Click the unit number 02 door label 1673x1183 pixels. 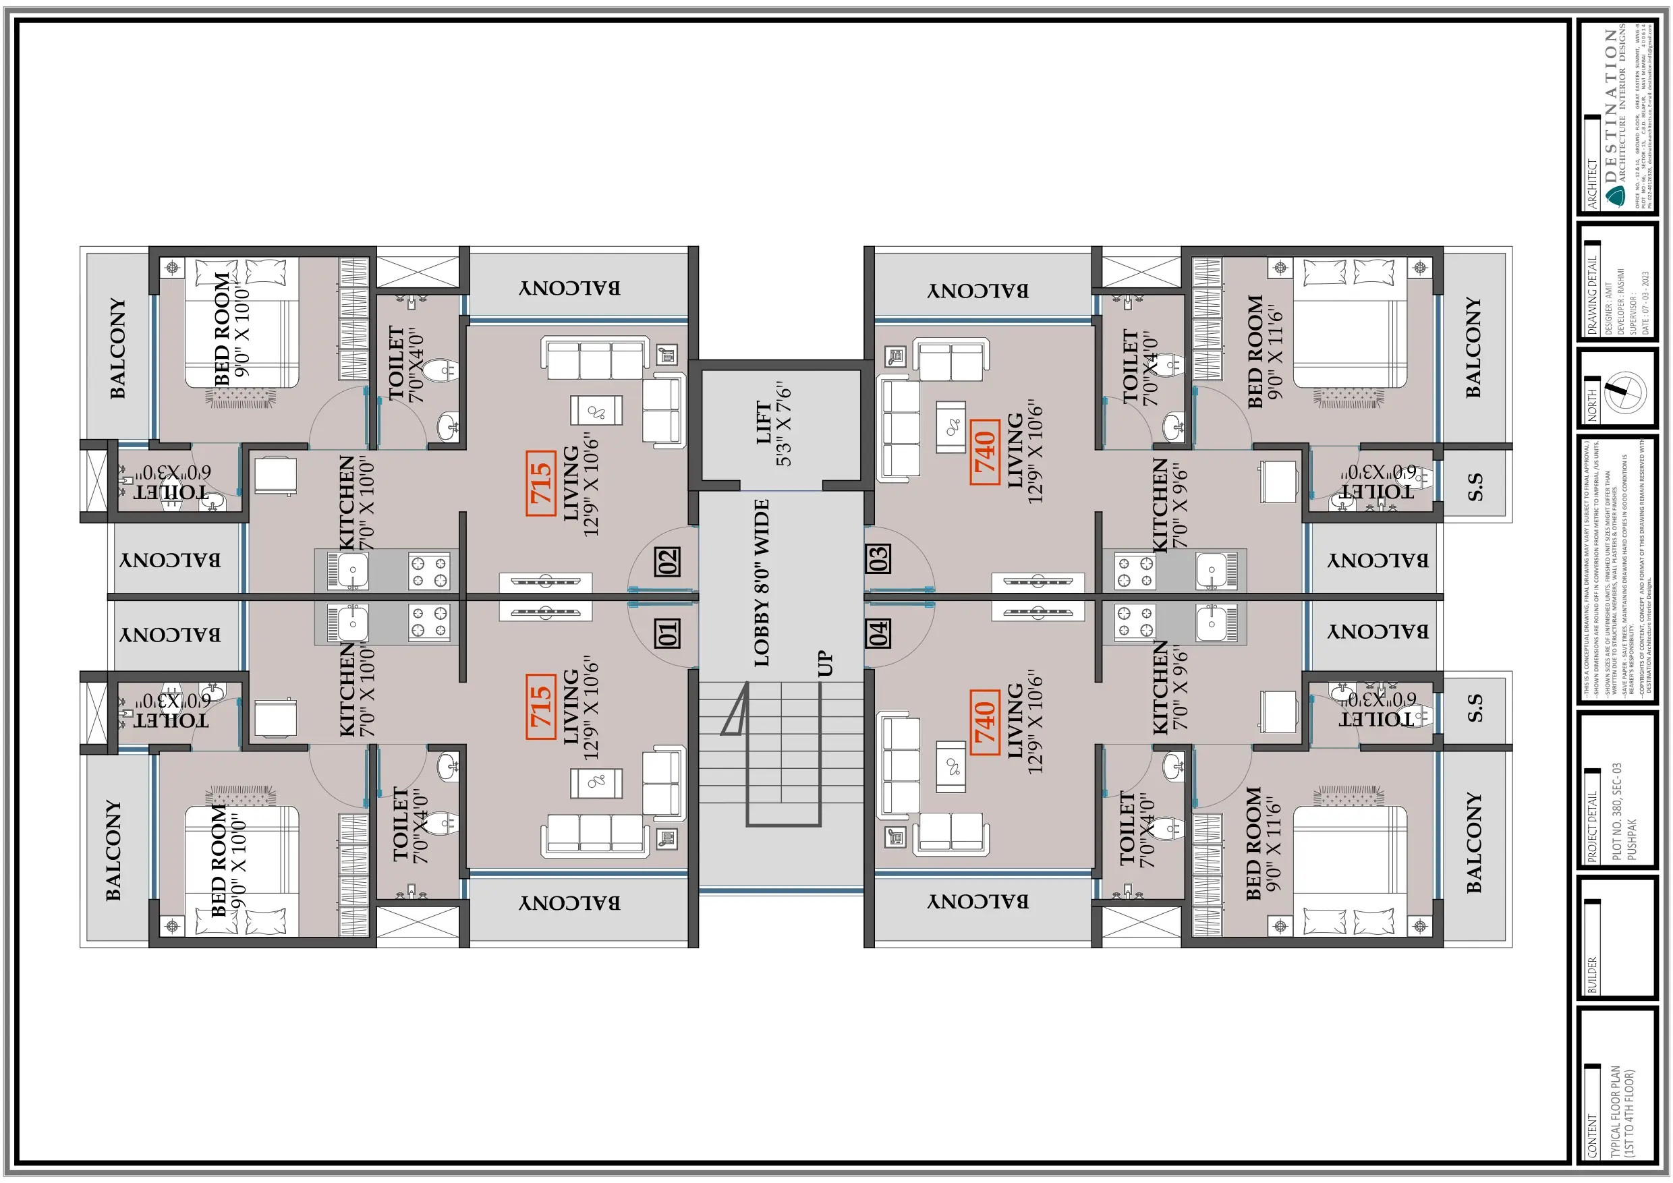pyautogui.click(x=667, y=561)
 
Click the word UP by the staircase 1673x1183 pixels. pyautogui.click(x=824, y=663)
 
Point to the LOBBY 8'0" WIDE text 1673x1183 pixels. pyautogui.click(x=762, y=583)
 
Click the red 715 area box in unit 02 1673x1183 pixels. pyautogui.click(x=540, y=484)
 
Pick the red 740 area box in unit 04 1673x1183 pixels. pyautogui.click(x=984, y=722)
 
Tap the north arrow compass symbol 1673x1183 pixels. pyautogui.click(x=1625, y=393)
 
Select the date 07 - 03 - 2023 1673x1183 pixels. pyautogui.click(x=1645, y=302)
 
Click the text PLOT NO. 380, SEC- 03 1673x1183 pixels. pyautogui.click(x=1616, y=811)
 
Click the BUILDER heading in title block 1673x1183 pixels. pyautogui.click(x=1592, y=975)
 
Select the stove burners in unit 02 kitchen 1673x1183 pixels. pyautogui.click(x=429, y=571)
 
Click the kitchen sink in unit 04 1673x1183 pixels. pyautogui.click(x=1211, y=625)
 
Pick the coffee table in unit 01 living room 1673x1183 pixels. pyautogui.click(x=596, y=783)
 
